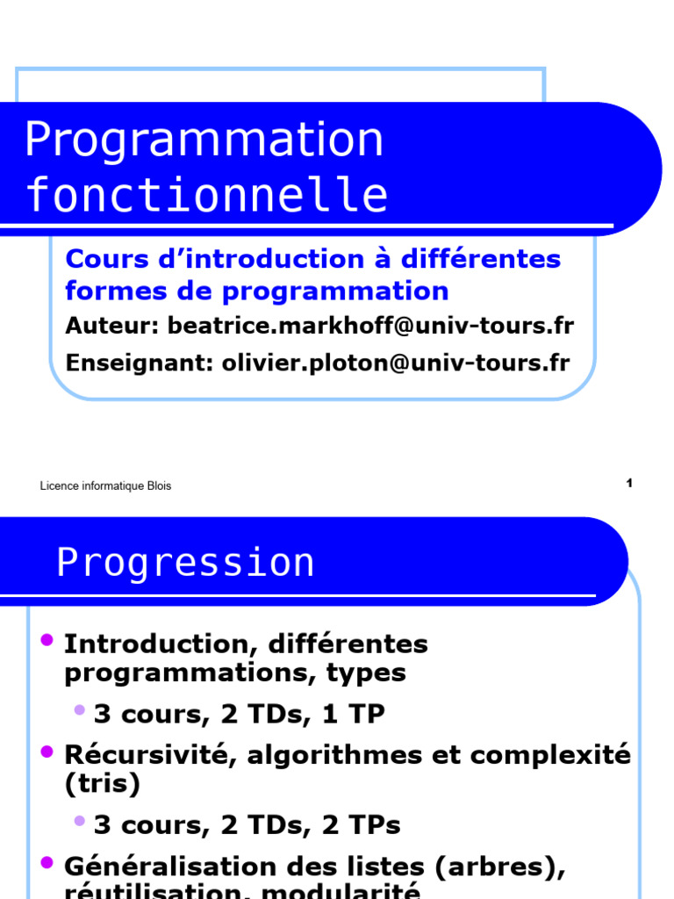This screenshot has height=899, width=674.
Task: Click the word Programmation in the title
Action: click(x=204, y=140)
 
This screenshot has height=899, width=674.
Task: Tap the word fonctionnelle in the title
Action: click(x=207, y=196)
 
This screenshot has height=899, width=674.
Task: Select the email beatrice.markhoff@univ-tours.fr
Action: click(x=370, y=326)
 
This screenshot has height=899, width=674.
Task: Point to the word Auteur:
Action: click(x=112, y=326)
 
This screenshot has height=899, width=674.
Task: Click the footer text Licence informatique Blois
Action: click(x=105, y=486)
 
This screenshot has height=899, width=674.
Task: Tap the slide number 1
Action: click(x=629, y=483)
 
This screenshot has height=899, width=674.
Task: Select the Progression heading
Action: click(x=185, y=563)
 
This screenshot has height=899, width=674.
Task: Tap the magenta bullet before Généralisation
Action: click(x=48, y=861)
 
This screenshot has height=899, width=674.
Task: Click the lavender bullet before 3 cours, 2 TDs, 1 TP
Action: click(x=80, y=709)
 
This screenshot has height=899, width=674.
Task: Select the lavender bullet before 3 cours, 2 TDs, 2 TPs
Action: click(x=80, y=821)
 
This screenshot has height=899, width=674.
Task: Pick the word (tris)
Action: click(x=103, y=784)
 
